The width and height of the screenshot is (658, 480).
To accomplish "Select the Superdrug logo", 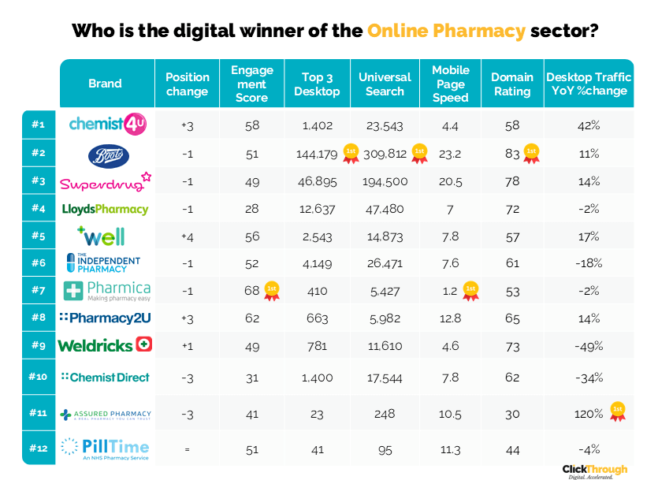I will point(105,182).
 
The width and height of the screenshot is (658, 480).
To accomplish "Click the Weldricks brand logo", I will point(105,344).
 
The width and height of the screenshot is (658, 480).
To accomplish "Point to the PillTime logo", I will point(105,448).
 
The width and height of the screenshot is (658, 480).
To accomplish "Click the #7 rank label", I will point(39,290).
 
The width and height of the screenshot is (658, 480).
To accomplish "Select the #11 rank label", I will point(39,413).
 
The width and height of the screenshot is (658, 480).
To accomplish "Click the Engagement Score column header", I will point(252,84).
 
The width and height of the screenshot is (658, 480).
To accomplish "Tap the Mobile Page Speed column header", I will point(450,84).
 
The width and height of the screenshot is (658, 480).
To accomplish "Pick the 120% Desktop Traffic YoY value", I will point(587,413).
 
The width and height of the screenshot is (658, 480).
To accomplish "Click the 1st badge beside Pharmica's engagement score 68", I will point(271,289).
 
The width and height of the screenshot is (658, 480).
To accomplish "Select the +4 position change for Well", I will point(187,236).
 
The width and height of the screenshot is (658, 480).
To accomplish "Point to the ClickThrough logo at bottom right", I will point(595,471).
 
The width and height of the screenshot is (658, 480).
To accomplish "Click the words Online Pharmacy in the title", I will point(446,32).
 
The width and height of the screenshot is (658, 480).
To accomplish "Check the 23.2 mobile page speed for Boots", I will point(451,154).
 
